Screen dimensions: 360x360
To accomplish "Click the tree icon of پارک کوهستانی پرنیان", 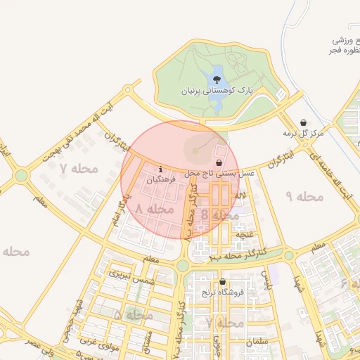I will [216, 79].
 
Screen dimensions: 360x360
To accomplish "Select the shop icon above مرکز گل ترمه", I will [303, 122].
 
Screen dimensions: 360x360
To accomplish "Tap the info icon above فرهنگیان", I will [162, 169].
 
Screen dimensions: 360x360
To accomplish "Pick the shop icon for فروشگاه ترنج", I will [222, 281].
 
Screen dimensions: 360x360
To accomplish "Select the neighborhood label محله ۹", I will [304, 196].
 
